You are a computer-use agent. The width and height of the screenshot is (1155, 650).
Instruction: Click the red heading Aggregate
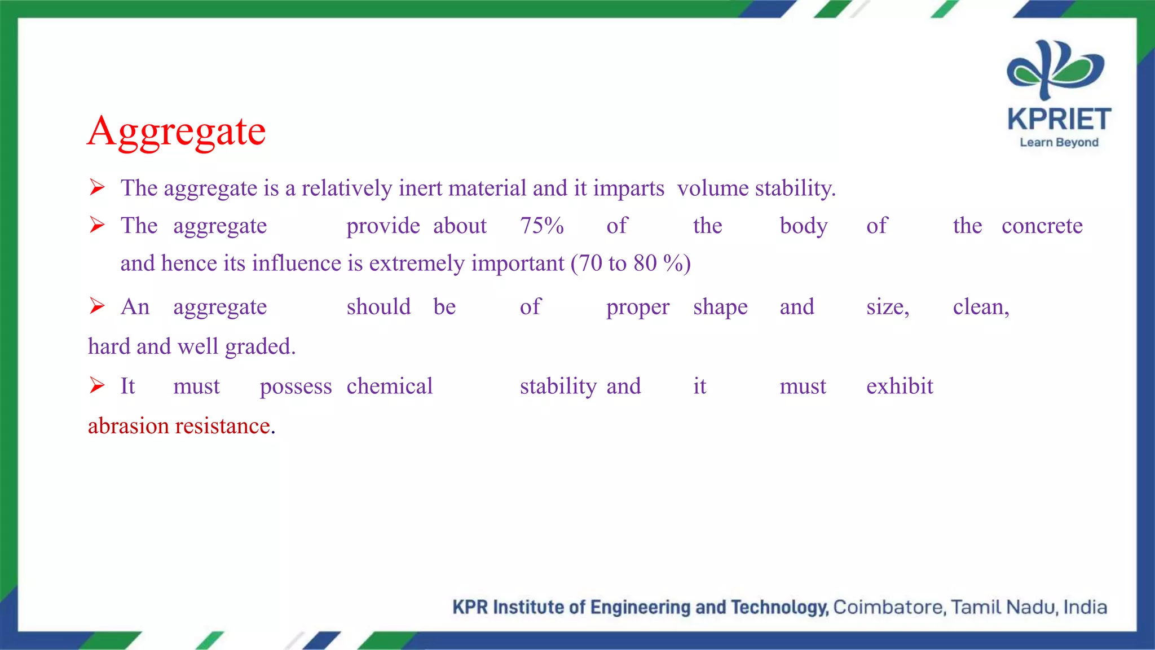tap(177, 131)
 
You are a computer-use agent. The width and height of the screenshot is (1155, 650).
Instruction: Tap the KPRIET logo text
tap(1059, 120)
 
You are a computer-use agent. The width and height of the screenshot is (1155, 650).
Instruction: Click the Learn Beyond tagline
tap(1059, 143)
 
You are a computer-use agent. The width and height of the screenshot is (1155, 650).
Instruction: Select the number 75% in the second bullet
tap(541, 226)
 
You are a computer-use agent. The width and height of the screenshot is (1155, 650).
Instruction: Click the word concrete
tap(1042, 226)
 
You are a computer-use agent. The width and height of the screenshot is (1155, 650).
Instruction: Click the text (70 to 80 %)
tap(631, 263)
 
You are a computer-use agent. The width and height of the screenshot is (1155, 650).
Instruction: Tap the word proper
tap(638, 308)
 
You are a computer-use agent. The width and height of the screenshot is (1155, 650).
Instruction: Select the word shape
tap(720, 308)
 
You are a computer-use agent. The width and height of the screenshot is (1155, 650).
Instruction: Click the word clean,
tap(981, 308)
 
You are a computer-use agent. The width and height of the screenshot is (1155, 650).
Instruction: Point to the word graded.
tap(260, 346)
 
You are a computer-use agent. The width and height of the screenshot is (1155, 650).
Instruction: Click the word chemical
tap(389, 387)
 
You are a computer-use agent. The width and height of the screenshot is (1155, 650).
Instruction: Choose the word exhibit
tap(900, 387)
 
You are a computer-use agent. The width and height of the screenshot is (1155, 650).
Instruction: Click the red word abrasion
tap(128, 426)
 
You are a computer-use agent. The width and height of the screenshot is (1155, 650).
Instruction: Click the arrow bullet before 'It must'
tap(97, 386)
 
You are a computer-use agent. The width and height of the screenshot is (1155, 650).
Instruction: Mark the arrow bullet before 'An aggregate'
tap(97, 306)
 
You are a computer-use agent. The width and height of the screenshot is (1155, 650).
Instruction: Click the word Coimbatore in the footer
tap(888, 607)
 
